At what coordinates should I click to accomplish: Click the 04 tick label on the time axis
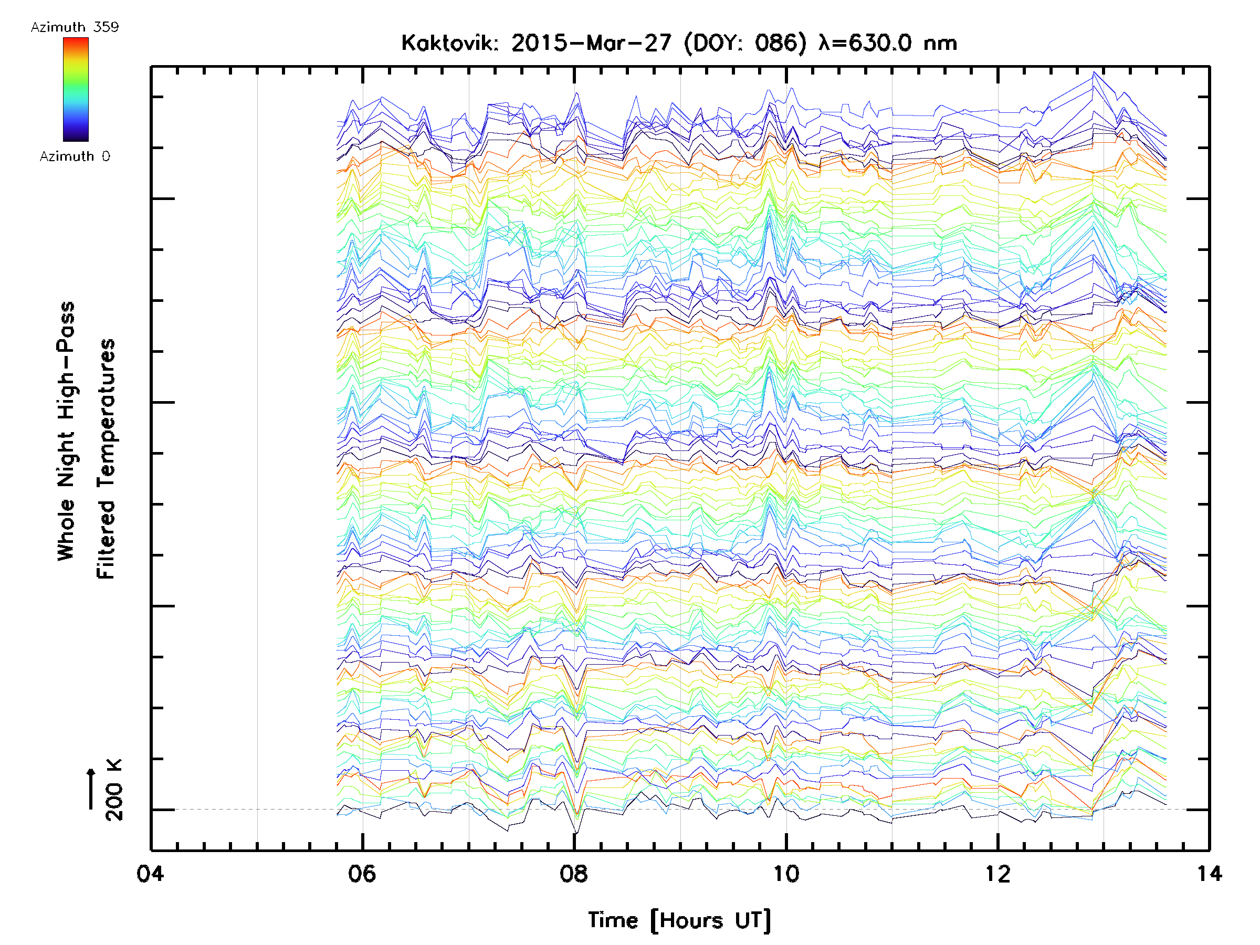point(150,874)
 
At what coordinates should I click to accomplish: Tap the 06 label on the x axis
point(362,874)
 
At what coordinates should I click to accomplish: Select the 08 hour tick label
point(574,874)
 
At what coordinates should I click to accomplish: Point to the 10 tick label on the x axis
point(785,874)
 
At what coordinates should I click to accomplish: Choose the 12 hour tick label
point(997,874)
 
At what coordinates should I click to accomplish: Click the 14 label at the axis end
point(1209,874)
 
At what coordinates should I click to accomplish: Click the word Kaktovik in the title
point(449,43)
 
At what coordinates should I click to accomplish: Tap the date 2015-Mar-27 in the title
point(591,43)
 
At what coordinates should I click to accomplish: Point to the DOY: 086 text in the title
point(745,43)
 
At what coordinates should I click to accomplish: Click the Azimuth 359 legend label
point(75,27)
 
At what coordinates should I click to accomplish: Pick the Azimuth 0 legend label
point(75,156)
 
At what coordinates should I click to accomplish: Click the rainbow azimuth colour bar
point(76,89)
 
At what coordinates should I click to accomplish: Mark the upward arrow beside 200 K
point(91,789)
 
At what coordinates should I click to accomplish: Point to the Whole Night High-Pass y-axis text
point(66,431)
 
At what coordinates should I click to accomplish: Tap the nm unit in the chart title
point(940,43)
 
